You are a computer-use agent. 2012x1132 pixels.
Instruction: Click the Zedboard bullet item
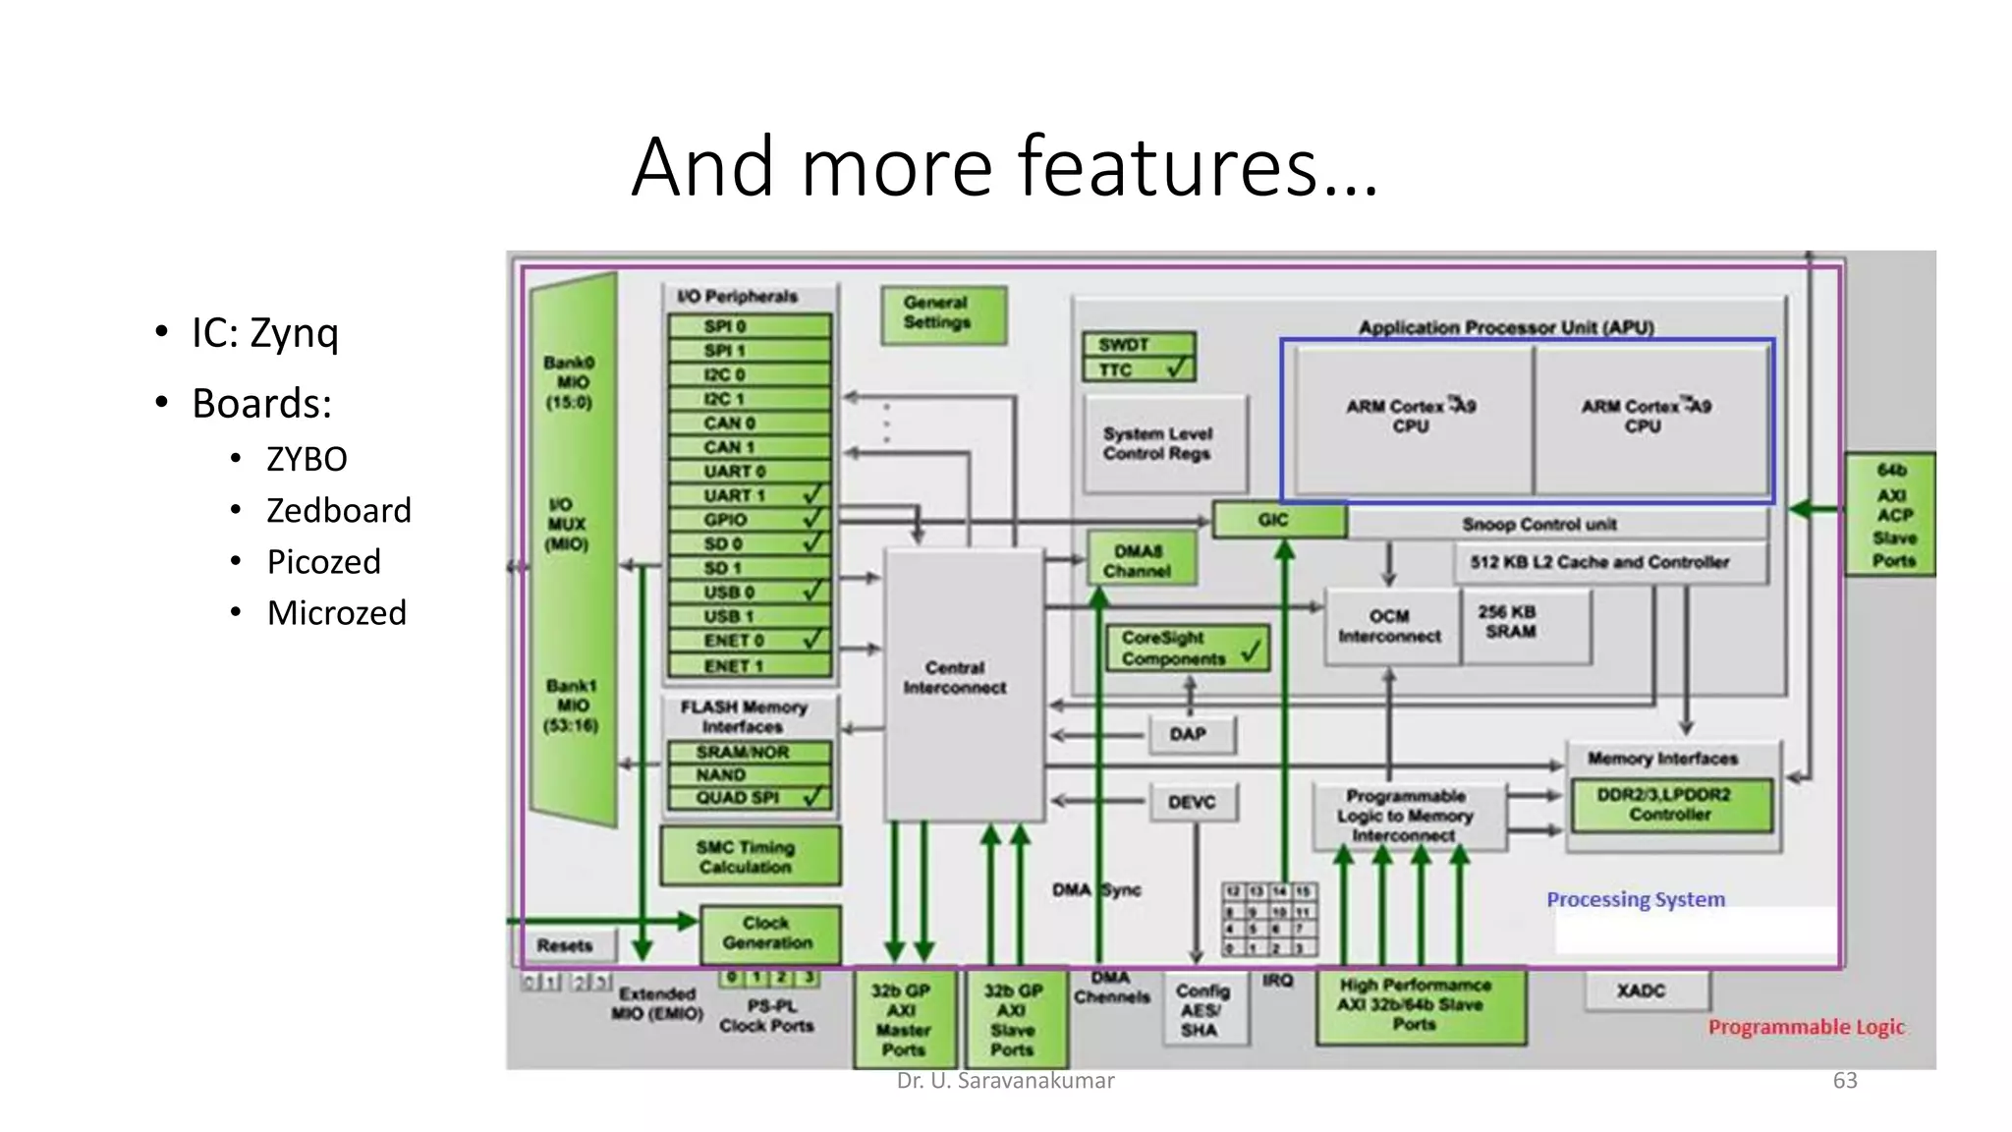point(338,510)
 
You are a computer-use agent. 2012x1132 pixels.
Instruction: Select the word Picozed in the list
point(323,561)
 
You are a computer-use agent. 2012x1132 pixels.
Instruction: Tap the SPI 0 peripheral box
point(749,326)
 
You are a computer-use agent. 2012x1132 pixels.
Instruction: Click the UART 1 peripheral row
point(749,495)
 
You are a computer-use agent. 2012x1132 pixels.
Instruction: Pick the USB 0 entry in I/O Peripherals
point(749,592)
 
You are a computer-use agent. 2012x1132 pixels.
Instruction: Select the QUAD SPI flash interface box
point(749,797)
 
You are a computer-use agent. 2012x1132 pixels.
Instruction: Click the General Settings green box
point(943,313)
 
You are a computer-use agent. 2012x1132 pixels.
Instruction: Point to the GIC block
point(1278,519)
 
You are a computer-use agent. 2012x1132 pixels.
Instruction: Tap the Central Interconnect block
point(964,678)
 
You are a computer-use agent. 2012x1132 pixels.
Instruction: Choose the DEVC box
point(1193,802)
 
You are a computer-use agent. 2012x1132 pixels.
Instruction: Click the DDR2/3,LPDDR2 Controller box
point(1670,805)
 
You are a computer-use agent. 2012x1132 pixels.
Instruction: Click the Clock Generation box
point(770,934)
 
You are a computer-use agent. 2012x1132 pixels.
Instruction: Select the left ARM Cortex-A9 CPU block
point(1413,418)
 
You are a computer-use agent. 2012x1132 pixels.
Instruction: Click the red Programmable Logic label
point(1806,1027)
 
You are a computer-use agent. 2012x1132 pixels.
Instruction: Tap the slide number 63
point(1844,1081)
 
